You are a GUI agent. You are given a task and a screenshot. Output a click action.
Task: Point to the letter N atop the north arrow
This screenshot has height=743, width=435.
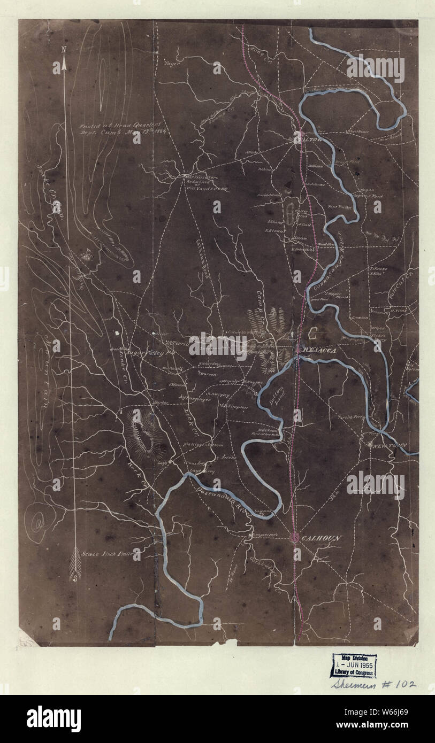click(x=64, y=50)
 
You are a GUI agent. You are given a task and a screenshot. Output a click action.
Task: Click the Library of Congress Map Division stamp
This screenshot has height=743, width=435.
click(x=353, y=665)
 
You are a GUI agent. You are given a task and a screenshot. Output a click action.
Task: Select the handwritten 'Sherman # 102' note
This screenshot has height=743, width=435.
click(x=372, y=684)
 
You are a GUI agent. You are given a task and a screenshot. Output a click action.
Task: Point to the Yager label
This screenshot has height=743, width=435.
click(x=171, y=63)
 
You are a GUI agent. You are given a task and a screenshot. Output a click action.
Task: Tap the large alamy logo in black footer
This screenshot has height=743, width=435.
click(x=54, y=719)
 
